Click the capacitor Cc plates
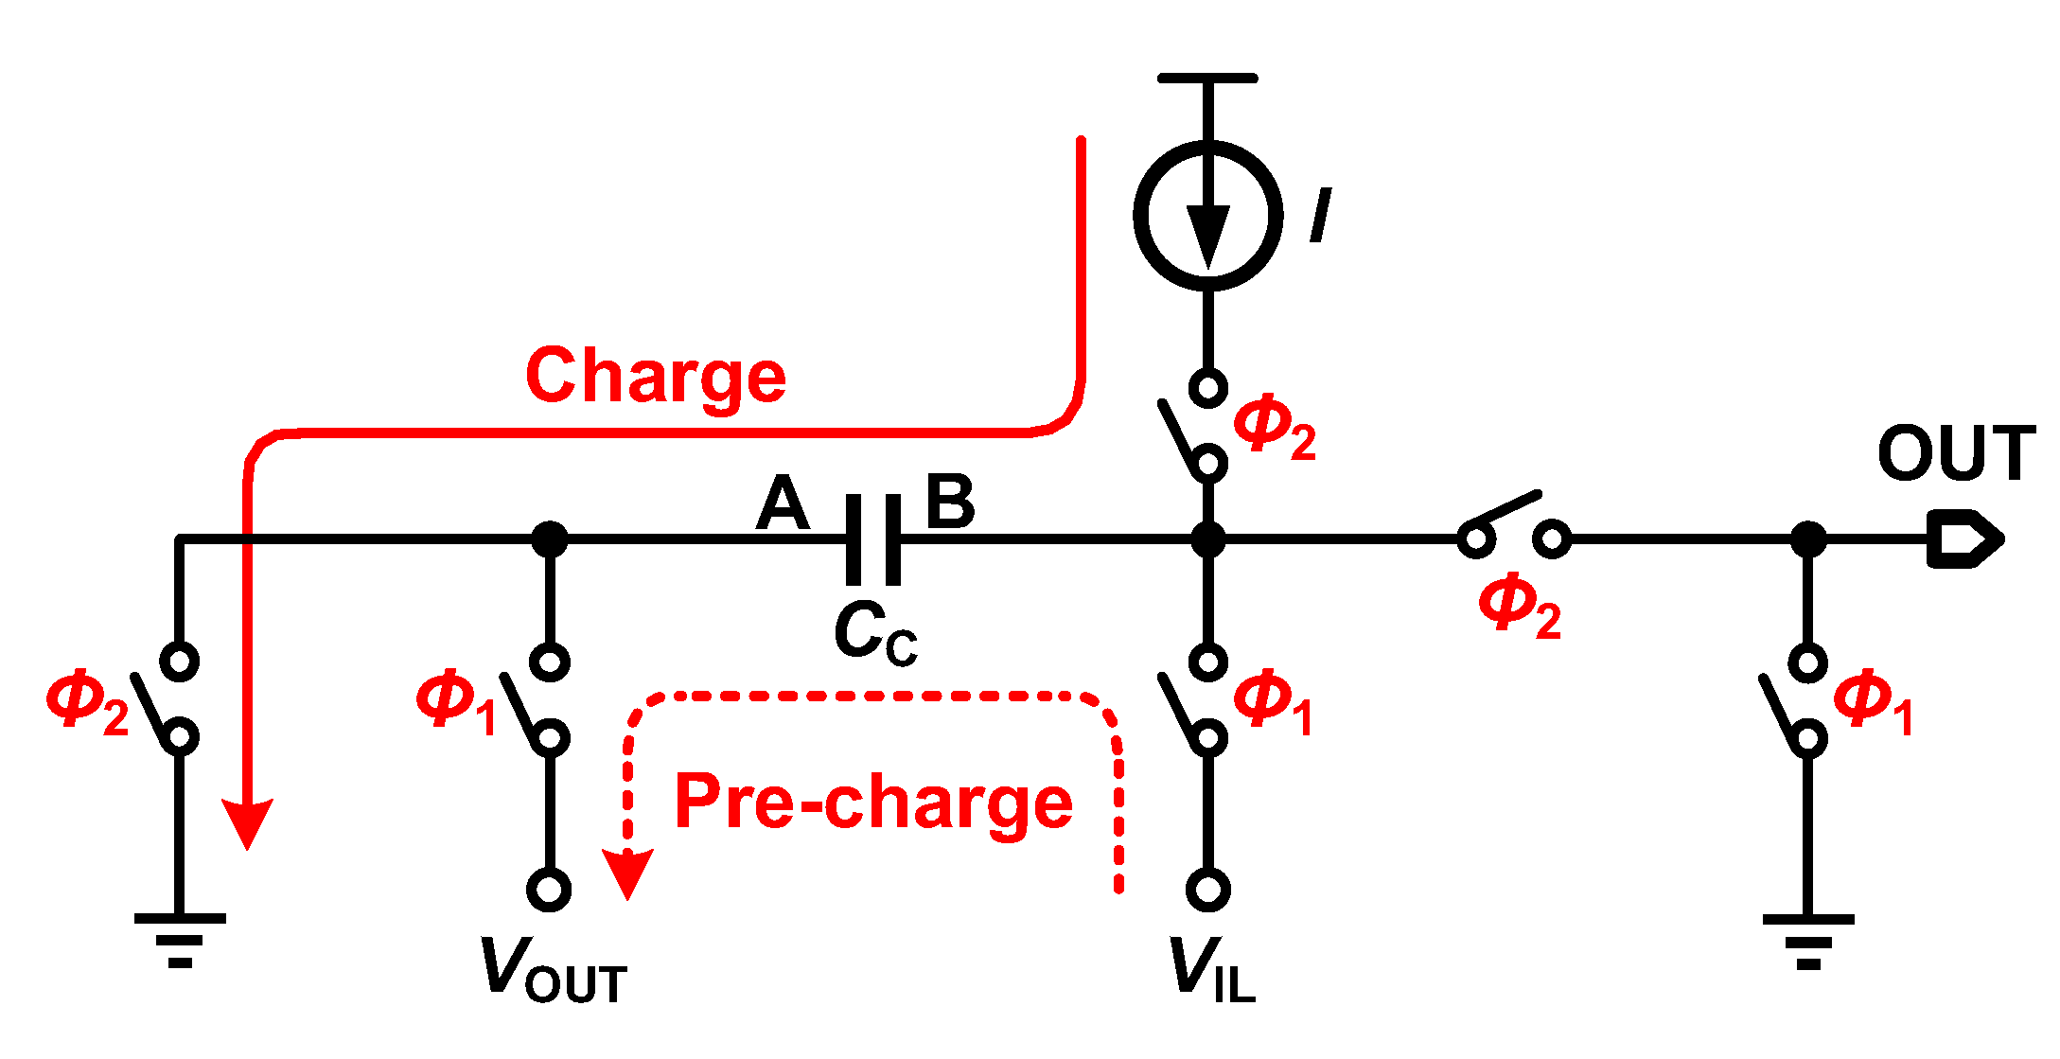(873, 539)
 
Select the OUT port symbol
(1963, 539)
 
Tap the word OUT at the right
(1956, 453)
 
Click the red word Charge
(656, 376)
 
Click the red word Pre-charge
(872, 802)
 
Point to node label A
(783, 503)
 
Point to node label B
(949, 502)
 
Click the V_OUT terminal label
(553, 970)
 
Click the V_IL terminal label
(1211, 970)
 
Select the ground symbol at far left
(180, 939)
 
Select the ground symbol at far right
(1808, 940)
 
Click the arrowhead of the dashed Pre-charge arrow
(627, 872)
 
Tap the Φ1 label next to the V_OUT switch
(456, 702)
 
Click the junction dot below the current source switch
(1207, 539)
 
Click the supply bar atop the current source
(1207, 79)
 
